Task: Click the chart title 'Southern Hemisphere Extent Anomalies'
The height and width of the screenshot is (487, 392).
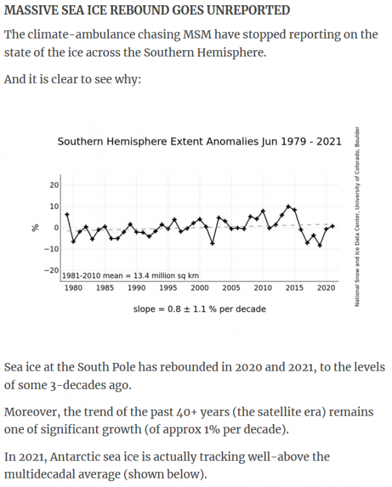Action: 158,142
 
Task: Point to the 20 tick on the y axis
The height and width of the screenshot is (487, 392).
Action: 54,185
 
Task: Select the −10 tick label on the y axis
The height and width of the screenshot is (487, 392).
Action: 51,249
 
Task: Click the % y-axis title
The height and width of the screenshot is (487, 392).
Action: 36,228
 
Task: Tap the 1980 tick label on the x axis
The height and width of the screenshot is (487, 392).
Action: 73,288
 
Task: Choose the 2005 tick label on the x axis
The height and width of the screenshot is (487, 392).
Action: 231,288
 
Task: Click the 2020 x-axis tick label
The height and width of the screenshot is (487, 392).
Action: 326,288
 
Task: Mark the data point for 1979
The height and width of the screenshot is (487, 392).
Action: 67,214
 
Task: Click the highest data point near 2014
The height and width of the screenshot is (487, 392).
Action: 288,206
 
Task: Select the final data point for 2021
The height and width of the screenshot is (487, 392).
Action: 332,226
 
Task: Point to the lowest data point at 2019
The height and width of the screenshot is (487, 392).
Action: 320,245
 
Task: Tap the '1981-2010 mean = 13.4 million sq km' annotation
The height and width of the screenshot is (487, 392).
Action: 130,276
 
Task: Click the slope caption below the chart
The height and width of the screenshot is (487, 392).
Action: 199,309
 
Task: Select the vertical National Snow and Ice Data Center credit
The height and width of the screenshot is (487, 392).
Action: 357,216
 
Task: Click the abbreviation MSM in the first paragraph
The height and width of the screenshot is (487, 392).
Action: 197,34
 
